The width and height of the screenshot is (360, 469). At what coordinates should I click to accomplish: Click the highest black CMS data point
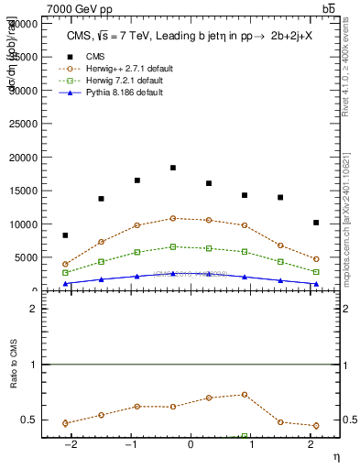pyautogui.click(x=173, y=168)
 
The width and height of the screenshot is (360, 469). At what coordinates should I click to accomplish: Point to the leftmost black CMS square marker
pyautogui.click(x=65, y=235)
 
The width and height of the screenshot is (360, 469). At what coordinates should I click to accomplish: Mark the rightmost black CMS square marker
pyautogui.click(x=316, y=223)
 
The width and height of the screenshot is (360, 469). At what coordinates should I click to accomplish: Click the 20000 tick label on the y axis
pyautogui.click(x=25, y=158)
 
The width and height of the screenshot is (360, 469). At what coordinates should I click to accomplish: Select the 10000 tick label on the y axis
pyautogui.click(x=25, y=224)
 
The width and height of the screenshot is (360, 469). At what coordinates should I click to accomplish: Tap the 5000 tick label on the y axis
pyautogui.click(x=27, y=257)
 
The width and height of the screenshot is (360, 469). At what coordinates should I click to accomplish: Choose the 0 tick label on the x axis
pyautogui.click(x=191, y=443)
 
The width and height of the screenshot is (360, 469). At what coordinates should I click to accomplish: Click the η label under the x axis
pyautogui.click(x=335, y=455)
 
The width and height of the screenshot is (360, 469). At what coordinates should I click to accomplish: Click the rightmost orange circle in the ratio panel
pyautogui.click(x=316, y=425)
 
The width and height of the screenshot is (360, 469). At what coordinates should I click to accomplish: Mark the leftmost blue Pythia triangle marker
pyautogui.click(x=65, y=284)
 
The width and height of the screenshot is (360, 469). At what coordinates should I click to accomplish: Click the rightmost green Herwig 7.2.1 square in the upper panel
pyautogui.click(x=316, y=272)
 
